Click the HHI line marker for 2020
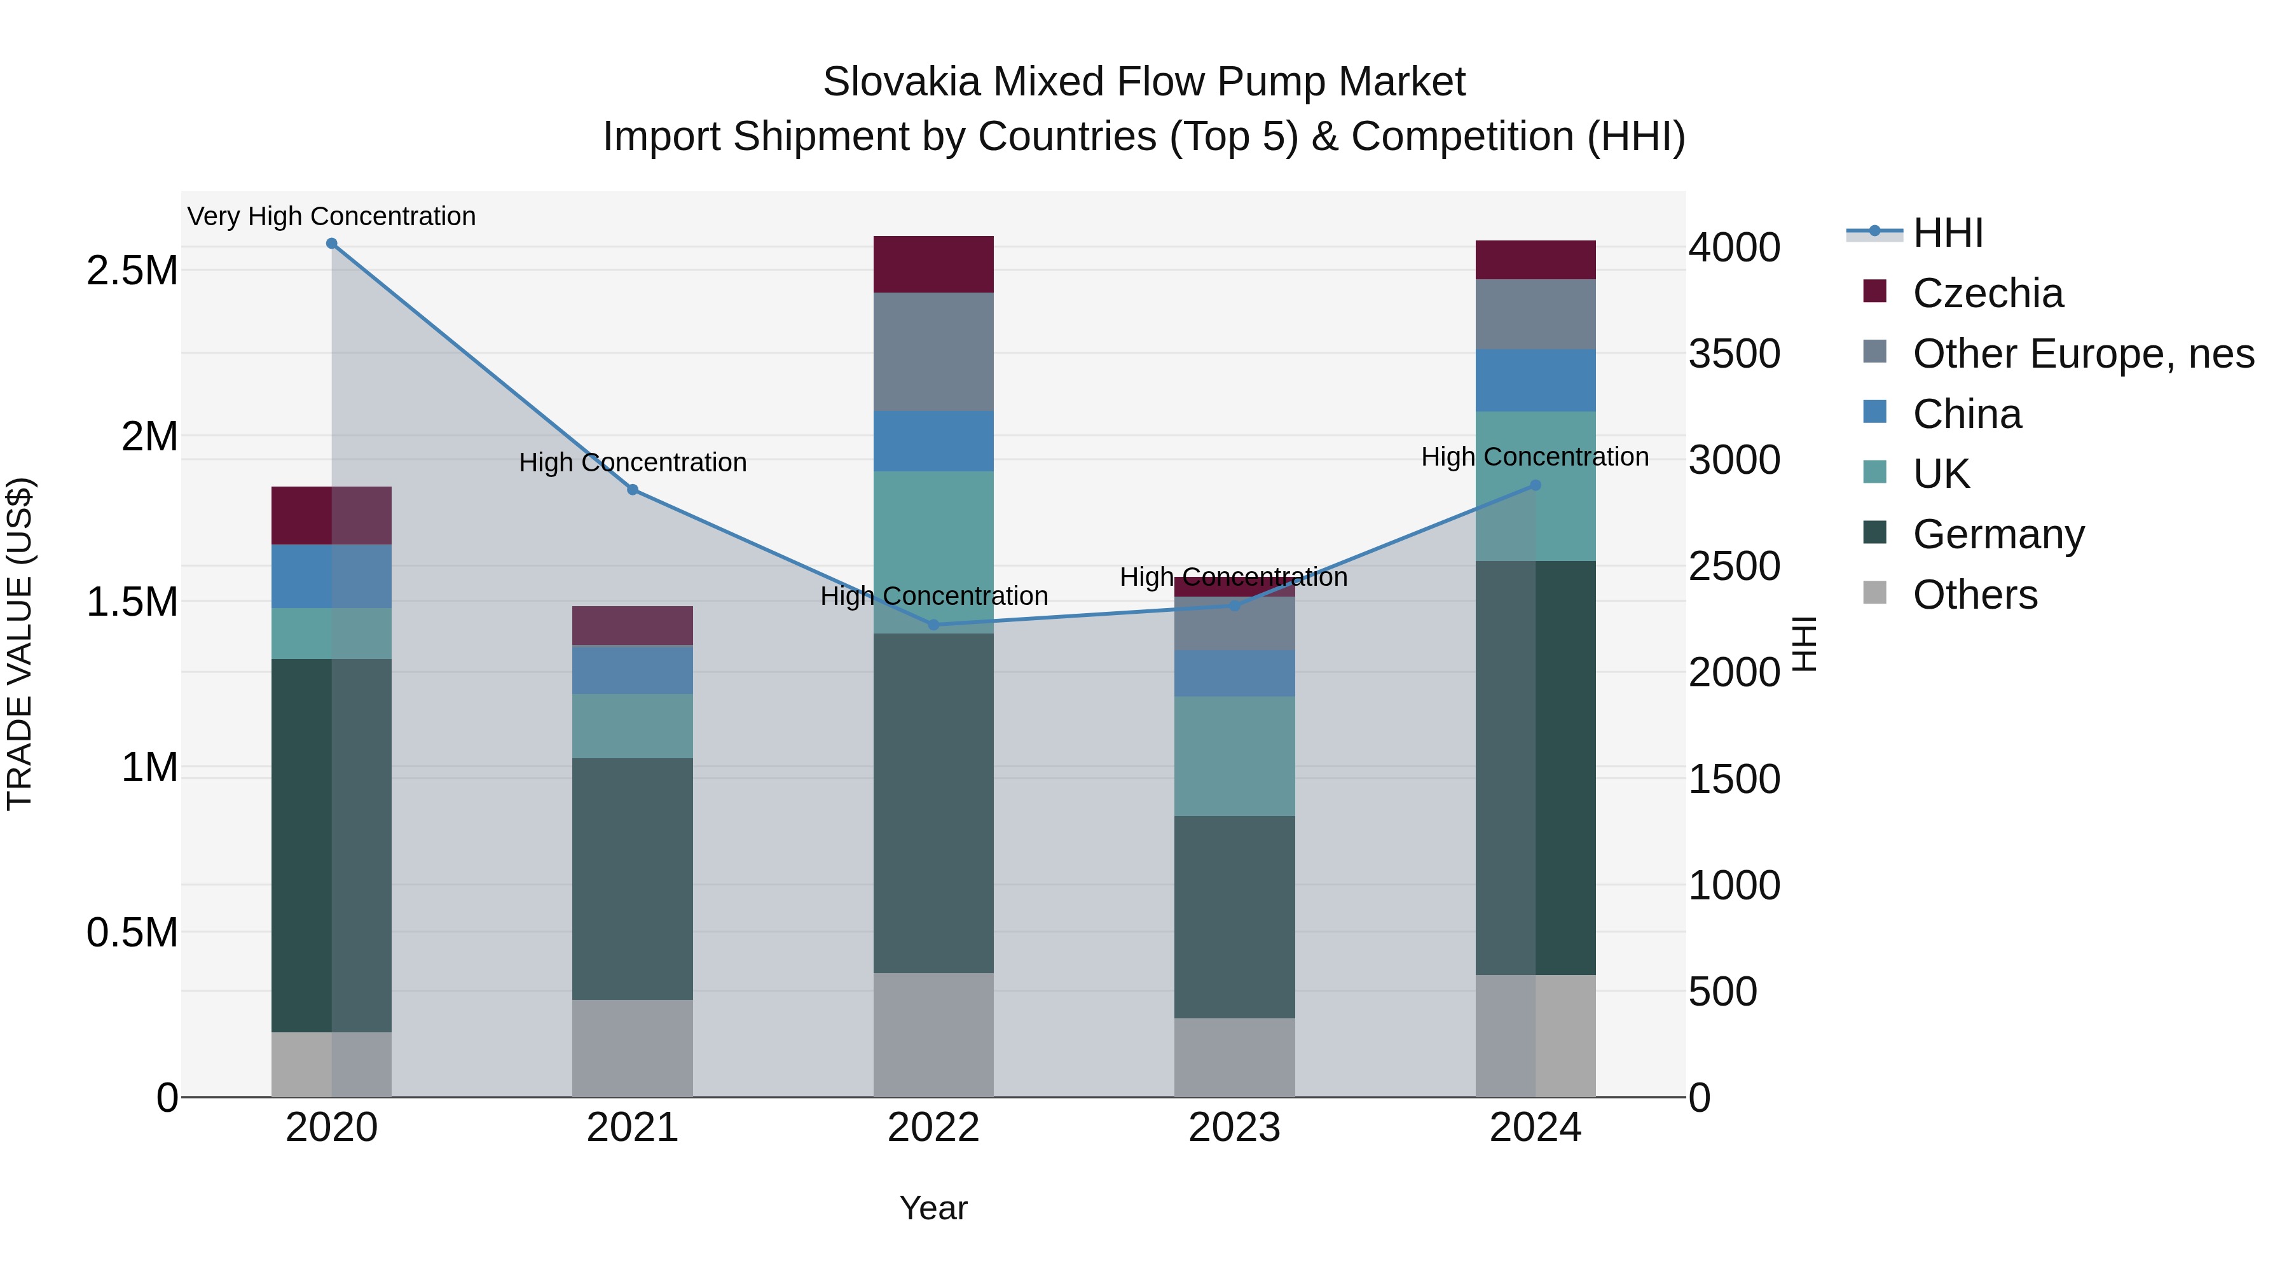(331, 244)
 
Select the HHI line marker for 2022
(933, 625)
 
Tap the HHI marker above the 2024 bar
(1536, 485)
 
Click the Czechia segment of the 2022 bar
(933, 264)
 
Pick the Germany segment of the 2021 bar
(632, 878)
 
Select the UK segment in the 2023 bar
(1234, 756)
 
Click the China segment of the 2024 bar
(1536, 380)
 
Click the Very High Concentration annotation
(331, 216)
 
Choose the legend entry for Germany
(1998, 534)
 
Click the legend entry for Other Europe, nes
(2083, 354)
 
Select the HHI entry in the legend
(1948, 233)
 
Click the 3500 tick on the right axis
(1734, 354)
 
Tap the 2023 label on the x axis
(1234, 1128)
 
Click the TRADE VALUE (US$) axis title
(20, 644)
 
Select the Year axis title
(933, 1208)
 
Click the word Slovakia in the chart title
(901, 82)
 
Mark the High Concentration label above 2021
(632, 462)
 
